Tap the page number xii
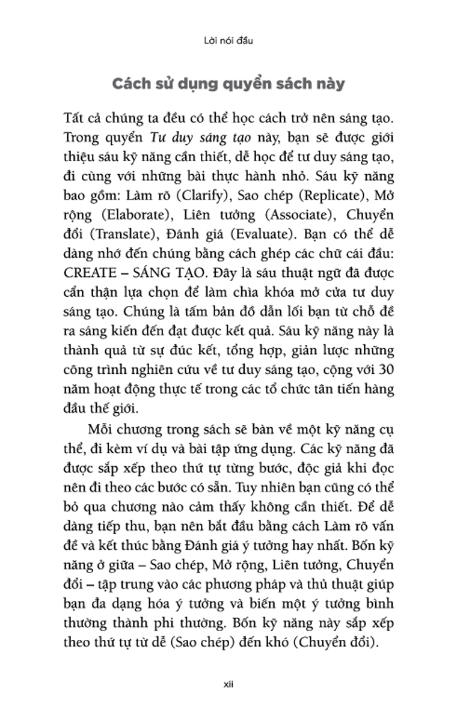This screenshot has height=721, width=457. click(228, 685)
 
